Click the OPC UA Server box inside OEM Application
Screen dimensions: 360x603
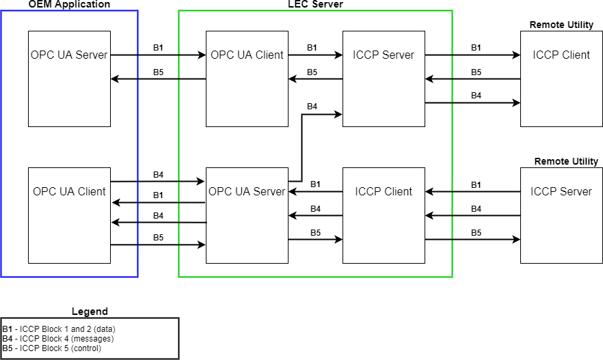coord(69,79)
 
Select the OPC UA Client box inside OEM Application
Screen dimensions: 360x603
coord(69,215)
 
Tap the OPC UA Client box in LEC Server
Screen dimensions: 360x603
coord(247,79)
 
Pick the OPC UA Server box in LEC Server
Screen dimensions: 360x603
coord(247,215)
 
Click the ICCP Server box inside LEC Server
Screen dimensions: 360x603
coord(384,79)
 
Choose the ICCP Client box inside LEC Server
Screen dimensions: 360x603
coord(384,215)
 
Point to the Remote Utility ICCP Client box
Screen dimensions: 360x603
coord(561,79)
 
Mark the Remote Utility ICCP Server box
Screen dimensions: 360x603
coord(561,215)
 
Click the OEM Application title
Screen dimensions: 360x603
coord(69,5)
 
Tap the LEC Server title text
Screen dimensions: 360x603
coord(315,5)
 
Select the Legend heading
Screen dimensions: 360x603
coord(90,311)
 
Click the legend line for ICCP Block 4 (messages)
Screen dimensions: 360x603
coord(58,338)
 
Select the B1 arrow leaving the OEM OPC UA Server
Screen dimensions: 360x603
coord(158,55)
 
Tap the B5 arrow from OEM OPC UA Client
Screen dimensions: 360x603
coord(158,245)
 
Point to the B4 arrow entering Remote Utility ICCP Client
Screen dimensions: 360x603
coord(472,103)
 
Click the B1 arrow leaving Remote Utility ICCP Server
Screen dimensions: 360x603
coord(472,192)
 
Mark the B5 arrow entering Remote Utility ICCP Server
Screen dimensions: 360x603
coord(472,240)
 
